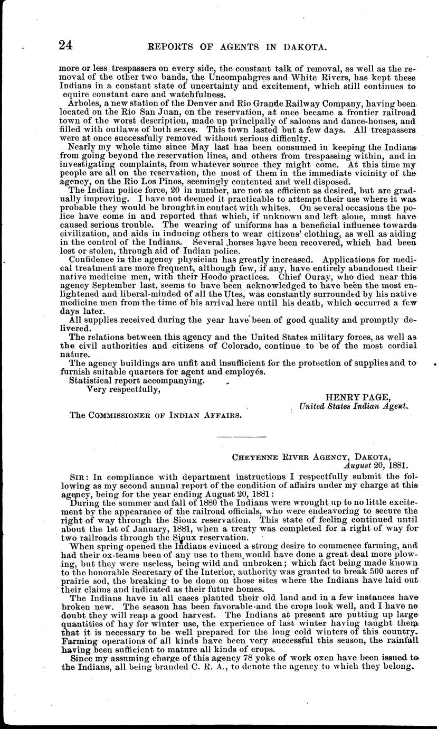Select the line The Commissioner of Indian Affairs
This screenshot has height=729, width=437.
(156, 415)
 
